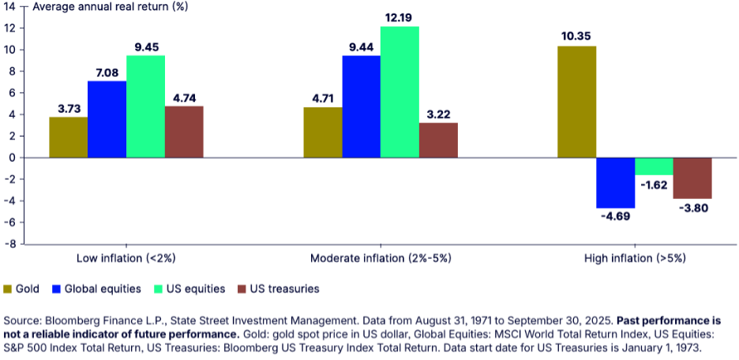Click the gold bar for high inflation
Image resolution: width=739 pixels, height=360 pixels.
577,102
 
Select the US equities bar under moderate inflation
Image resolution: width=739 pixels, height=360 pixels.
400,92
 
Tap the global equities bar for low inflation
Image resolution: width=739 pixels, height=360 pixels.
107,119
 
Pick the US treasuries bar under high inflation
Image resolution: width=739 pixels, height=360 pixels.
692,178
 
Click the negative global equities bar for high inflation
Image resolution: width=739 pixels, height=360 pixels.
616,182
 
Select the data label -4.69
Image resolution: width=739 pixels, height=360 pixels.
616,217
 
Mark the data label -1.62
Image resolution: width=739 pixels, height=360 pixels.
655,185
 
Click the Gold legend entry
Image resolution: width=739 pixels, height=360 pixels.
23,289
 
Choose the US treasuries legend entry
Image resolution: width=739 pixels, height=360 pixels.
277,289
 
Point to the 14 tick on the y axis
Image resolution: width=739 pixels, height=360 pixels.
10,7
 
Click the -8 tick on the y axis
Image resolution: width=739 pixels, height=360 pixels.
10,244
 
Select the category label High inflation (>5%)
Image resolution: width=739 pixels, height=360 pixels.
635,259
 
